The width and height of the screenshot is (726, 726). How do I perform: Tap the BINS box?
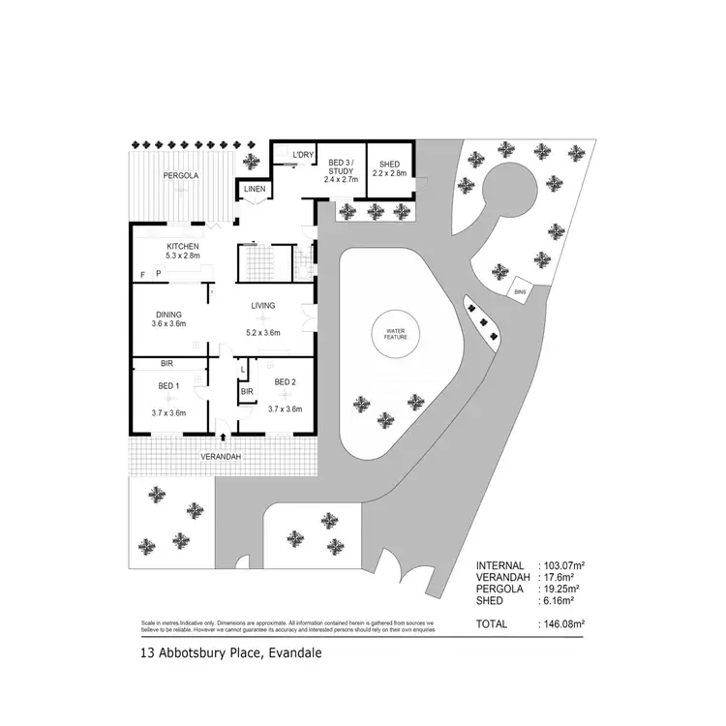click(520, 290)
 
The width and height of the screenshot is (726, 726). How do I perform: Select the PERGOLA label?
click(181, 175)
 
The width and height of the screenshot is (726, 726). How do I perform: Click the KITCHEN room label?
click(181, 247)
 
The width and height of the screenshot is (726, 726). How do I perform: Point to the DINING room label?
click(170, 314)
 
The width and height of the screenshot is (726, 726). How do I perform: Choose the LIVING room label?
click(263, 306)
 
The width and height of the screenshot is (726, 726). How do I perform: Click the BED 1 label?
click(169, 386)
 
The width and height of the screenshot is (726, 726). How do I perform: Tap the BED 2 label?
click(285, 382)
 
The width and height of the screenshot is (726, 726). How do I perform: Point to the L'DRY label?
click(303, 155)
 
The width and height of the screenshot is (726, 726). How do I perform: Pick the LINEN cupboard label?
click(254, 189)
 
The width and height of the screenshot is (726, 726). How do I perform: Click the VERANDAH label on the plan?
click(221, 457)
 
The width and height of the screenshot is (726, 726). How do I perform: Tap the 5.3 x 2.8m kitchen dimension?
click(181, 257)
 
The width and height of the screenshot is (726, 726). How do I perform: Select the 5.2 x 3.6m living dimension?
click(263, 332)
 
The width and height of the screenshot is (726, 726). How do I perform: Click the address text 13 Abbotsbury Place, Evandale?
click(230, 653)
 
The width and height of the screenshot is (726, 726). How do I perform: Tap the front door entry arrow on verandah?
click(224, 438)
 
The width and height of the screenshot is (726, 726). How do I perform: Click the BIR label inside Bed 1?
click(166, 365)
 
